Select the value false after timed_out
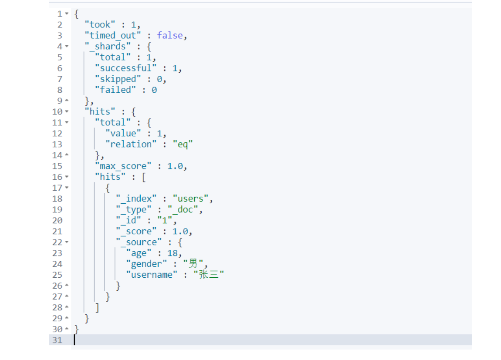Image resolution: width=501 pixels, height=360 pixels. coord(170,36)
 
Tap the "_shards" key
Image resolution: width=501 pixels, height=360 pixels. coord(108,47)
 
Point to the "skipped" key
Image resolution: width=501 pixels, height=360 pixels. coord(118,79)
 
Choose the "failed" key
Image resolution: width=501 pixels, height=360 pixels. coord(115,90)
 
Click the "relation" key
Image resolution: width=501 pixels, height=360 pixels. coord(131,145)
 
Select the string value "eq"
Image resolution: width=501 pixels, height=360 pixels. coord(182,145)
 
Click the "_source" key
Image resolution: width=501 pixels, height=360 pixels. coord(139,242)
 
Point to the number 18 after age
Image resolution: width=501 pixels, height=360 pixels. coord(173,253)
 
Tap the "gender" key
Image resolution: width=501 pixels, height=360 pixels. coord(146,264)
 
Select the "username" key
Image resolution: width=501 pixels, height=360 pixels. coord(152,275)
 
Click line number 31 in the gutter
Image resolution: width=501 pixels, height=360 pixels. coord(57,340)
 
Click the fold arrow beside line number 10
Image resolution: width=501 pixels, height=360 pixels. coord(67,112)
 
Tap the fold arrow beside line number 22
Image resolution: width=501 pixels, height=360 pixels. coord(67,242)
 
